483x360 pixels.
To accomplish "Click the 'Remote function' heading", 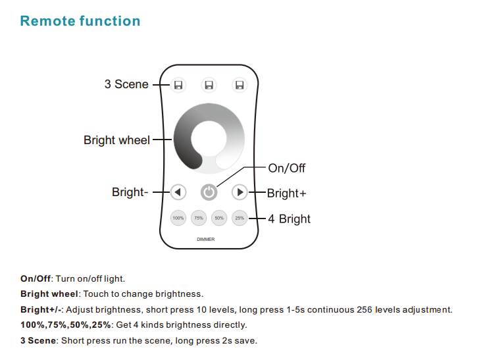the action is [x=80, y=21].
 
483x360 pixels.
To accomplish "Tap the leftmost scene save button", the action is [x=178, y=85].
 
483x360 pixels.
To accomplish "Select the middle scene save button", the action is [x=209, y=85].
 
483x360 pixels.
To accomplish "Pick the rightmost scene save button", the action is [x=240, y=85].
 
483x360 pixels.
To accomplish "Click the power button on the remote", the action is [x=209, y=192].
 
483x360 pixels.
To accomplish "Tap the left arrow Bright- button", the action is [x=178, y=192].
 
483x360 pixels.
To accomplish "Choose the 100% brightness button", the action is [x=178, y=218].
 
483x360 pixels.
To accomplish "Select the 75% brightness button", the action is [x=199, y=218].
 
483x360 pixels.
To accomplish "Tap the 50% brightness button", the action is [x=219, y=218].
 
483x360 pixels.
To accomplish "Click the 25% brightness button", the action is [x=240, y=218].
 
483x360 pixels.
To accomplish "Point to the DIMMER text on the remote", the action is [x=206, y=240].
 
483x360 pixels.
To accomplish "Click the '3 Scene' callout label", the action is [x=126, y=84].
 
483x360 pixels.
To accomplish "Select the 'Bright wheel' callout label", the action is [x=116, y=140].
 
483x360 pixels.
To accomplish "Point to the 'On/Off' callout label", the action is [x=286, y=168].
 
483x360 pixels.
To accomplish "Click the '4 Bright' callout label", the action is [x=290, y=219].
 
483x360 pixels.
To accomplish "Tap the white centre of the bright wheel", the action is [x=209, y=139].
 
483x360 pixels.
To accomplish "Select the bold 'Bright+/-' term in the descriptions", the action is [x=41, y=309].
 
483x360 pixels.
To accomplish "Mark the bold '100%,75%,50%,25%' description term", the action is [x=66, y=325].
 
